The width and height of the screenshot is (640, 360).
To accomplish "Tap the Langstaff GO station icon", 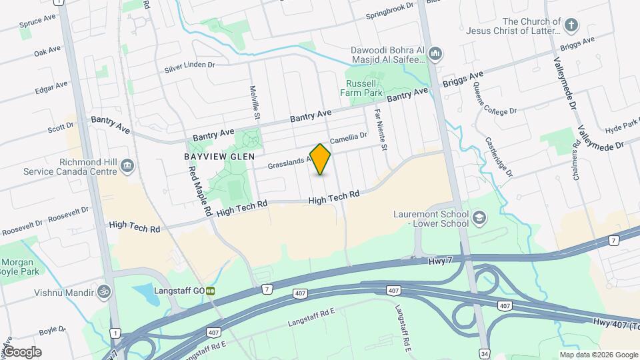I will pyautogui.click(x=211, y=291).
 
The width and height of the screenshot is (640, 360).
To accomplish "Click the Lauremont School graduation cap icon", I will pyautogui.click(x=479, y=217).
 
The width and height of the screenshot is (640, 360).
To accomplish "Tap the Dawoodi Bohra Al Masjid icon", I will pyautogui.click(x=435, y=53).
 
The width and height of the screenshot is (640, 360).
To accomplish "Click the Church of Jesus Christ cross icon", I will pyautogui.click(x=570, y=26).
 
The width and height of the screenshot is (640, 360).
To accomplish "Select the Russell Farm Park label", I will pyautogui.click(x=364, y=88).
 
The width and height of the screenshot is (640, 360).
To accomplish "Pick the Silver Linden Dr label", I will pyautogui.click(x=190, y=67).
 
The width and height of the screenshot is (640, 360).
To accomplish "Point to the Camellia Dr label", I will pyautogui.click(x=349, y=137).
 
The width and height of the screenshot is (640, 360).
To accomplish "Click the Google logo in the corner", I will pyautogui.click(x=22, y=351).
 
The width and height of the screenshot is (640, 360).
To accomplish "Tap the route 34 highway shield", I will pyautogui.click(x=484, y=352).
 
